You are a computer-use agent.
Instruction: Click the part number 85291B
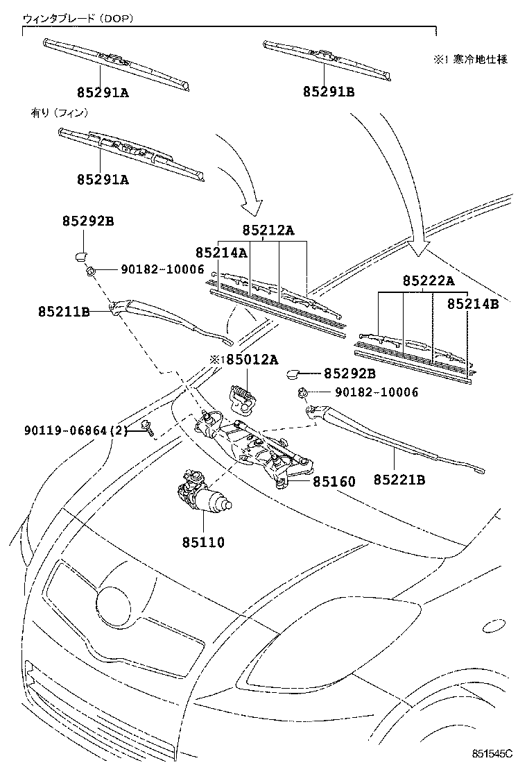(x=328, y=92)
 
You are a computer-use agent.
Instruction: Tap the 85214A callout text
(x=221, y=253)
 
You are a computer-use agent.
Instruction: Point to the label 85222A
(x=429, y=281)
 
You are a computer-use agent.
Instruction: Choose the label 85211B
(x=64, y=312)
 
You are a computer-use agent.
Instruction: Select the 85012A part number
(x=248, y=359)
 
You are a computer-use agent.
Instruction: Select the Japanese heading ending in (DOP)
(x=78, y=19)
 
